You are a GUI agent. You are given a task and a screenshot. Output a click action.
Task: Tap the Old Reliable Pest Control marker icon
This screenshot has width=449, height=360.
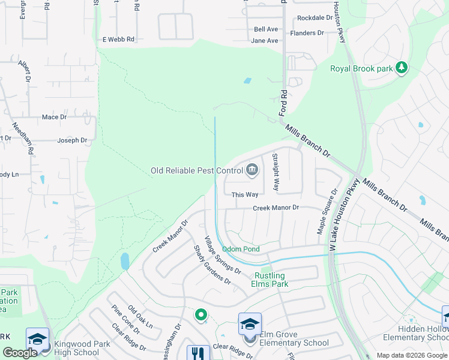click(253, 170)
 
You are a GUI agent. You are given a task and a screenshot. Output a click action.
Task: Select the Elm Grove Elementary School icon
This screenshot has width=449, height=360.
click(250, 325)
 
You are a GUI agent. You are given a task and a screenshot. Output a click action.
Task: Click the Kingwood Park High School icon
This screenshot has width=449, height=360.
click(37, 339)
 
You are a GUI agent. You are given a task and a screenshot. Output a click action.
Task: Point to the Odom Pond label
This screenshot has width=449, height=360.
click(241, 249)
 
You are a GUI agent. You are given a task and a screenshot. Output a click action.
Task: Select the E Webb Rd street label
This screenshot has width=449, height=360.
click(118, 39)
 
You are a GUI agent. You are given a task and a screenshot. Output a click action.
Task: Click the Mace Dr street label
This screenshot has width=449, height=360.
click(54, 117)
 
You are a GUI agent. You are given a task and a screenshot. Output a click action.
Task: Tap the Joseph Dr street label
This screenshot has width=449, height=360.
click(72, 140)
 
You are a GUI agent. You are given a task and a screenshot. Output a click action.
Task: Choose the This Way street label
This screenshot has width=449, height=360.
click(245, 194)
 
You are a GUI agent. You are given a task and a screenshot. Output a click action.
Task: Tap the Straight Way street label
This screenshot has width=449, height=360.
click(276, 172)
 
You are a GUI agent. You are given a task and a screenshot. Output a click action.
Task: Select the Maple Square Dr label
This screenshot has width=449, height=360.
click(328, 212)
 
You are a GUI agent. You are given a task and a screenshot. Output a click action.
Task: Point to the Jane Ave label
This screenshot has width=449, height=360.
click(265, 41)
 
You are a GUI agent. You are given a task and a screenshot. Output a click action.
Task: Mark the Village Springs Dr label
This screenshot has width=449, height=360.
click(223, 255)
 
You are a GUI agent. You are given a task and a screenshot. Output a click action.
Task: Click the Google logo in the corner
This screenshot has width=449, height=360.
click(20, 353)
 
